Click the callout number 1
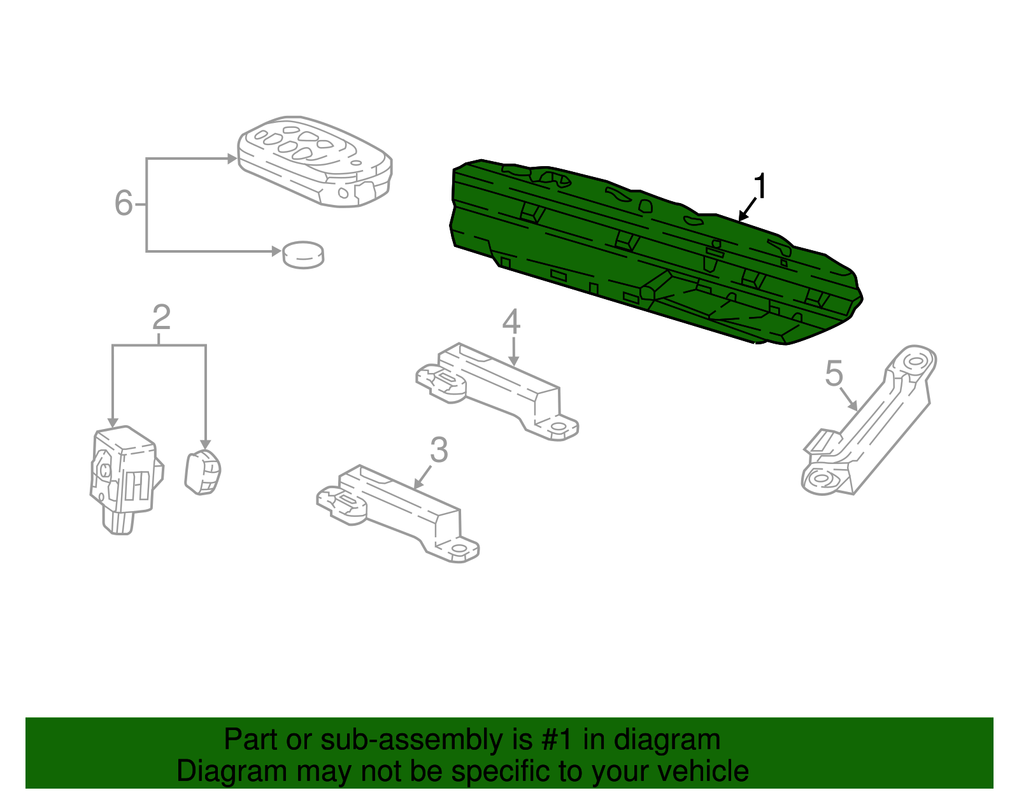pyautogui.click(x=760, y=186)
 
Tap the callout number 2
pyautogui.click(x=161, y=318)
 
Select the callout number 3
pyautogui.click(x=439, y=450)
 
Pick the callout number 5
pyautogui.click(x=834, y=374)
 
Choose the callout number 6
pyautogui.click(x=123, y=204)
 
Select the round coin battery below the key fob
pyautogui.click(x=303, y=255)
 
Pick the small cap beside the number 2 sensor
pyautogui.click(x=203, y=472)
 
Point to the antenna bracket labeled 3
pyautogui.click(x=398, y=509)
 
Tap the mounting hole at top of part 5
pyautogui.click(x=915, y=362)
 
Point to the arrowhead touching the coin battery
pyautogui.click(x=276, y=251)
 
